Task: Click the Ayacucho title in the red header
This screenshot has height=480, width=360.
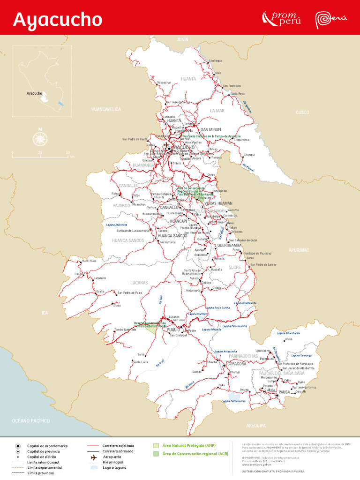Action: coord(57,20)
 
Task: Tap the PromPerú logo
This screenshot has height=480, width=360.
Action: coord(281,18)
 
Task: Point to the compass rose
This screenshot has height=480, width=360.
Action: coord(40,138)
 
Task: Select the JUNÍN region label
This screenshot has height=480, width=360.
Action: coord(182,40)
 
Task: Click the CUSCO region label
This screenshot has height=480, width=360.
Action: coord(302,112)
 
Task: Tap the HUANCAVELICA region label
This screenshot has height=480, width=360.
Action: coord(106,109)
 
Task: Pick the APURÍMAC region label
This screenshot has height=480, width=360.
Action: coord(299,250)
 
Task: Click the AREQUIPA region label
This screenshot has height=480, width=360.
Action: coord(256,425)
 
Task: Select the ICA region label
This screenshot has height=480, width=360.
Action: coord(45,313)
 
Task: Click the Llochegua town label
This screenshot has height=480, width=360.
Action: coord(216,60)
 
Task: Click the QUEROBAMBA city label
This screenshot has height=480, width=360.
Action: coord(230,245)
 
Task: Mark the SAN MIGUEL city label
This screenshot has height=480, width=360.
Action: coord(211,129)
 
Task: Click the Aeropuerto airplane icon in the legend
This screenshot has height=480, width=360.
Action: coord(95,457)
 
